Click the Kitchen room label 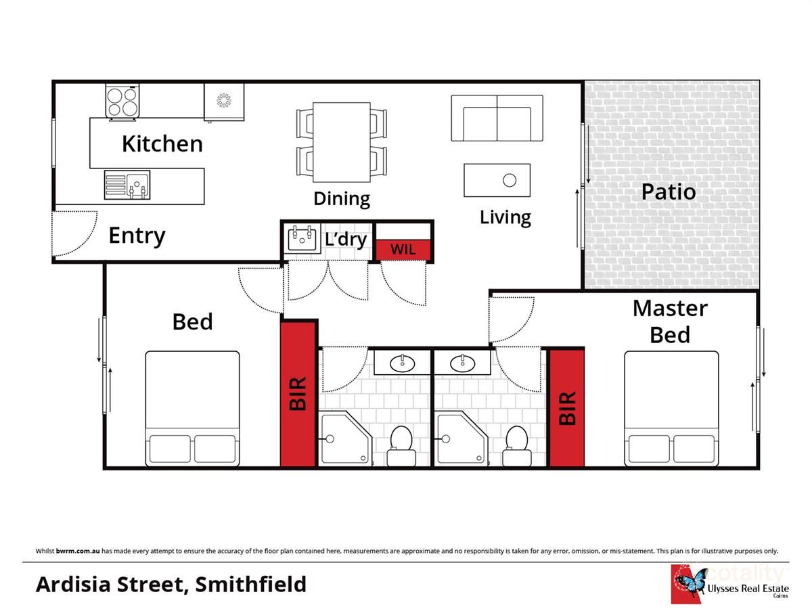coord(162,143)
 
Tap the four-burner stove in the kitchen coord(122,101)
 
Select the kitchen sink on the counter coord(127,185)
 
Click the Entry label coord(137,235)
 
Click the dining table coord(342,142)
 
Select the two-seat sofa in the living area coord(497,118)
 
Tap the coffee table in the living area coord(497,180)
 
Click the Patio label coord(668,191)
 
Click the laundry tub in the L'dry coord(302,240)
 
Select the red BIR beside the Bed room coord(298,394)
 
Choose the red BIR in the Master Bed coord(566,407)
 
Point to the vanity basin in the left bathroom coord(404,363)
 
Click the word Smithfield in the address coord(250,583)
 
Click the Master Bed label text coord(670,321)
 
